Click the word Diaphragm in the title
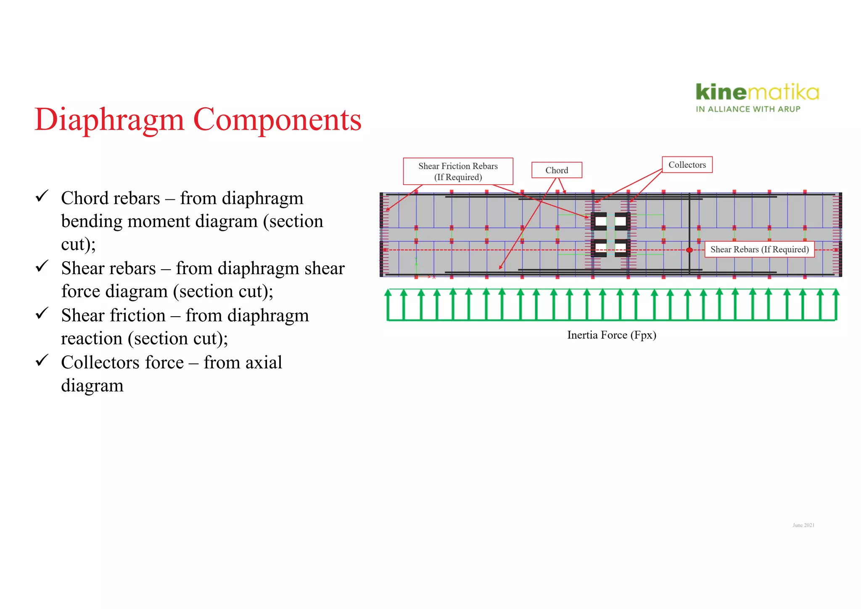(109, 120)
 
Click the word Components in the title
(277, 120)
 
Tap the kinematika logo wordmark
(757, 92)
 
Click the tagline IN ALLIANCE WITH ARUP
(748, 109)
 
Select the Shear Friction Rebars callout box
(458, 171)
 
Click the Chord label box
(557, 170)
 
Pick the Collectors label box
(687, 165)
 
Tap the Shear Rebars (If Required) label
(759, 249)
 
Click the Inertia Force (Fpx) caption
(611, 335)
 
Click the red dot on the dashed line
(689, 250)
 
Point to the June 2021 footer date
(803, 525)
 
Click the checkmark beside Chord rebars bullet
(42, 196)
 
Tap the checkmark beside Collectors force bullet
(42, 360)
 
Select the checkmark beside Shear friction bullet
(42, 313)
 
